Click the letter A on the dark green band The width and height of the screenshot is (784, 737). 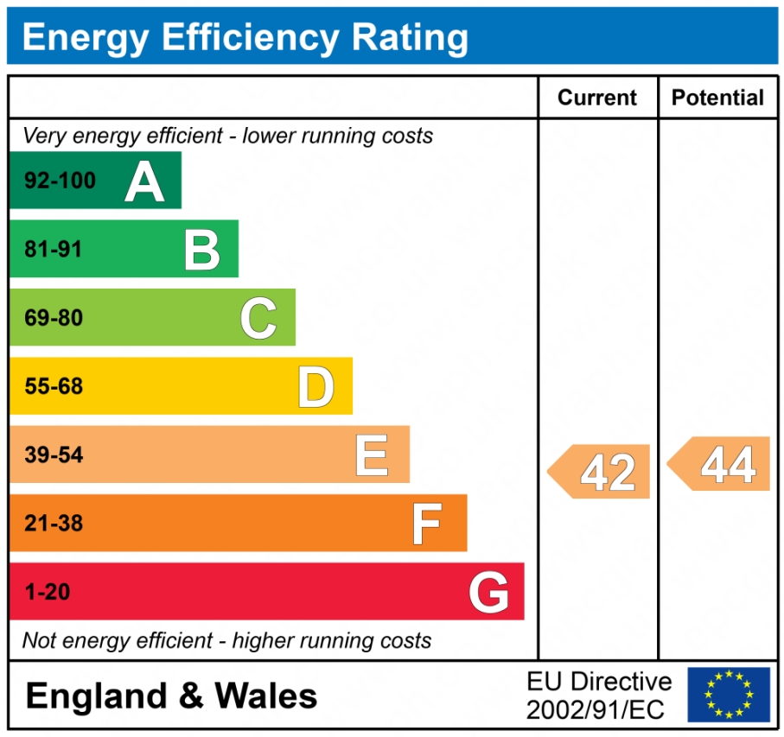coord(144,181)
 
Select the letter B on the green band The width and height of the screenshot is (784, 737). coord(202,250)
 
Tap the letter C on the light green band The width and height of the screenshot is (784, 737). coord(258,318)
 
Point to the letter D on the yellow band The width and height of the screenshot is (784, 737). coord(316,386)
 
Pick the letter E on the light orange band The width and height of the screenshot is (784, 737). coord(372,454)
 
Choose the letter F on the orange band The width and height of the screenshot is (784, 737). coord(427,524)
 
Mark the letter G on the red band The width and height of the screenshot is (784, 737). coord(488,593)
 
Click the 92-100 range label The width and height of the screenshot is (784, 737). coord(60,181)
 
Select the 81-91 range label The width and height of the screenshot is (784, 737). coord(54,250)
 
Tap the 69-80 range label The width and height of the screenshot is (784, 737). coord(54,318)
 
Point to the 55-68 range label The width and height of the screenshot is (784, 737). coord(54,386)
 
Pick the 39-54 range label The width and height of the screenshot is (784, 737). coord(54,454)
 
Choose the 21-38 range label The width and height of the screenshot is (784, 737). coord(54,524)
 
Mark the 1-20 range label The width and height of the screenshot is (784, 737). coord(48,593)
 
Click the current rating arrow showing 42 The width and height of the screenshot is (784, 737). coord(600,472)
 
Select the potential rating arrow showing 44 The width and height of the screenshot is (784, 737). coord(720,464)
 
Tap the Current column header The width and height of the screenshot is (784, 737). coord(597,98)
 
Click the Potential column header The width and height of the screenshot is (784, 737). coord(717,98)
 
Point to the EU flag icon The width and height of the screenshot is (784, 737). coord(729,695)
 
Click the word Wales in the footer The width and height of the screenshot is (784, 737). coord(266,696)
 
